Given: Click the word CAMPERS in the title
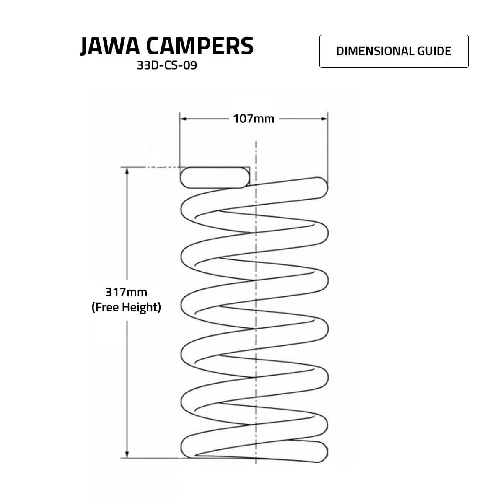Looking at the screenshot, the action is [200, 46].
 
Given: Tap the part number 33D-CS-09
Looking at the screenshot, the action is [167, 65].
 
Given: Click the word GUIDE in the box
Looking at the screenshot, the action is [434, 51].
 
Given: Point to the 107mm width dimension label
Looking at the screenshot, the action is [254, 119].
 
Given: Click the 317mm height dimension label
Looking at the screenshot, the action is [126, 292].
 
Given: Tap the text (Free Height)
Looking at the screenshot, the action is [126, 307].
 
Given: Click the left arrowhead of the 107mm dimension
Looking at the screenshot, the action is [183, 119].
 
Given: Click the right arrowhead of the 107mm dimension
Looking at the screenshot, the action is [324, 119].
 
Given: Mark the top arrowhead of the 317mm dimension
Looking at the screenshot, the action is [127, 171].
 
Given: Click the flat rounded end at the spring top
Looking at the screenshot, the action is [215, 177].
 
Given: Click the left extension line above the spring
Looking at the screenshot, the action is [179, 140].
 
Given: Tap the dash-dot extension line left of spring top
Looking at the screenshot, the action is [150, 167].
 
